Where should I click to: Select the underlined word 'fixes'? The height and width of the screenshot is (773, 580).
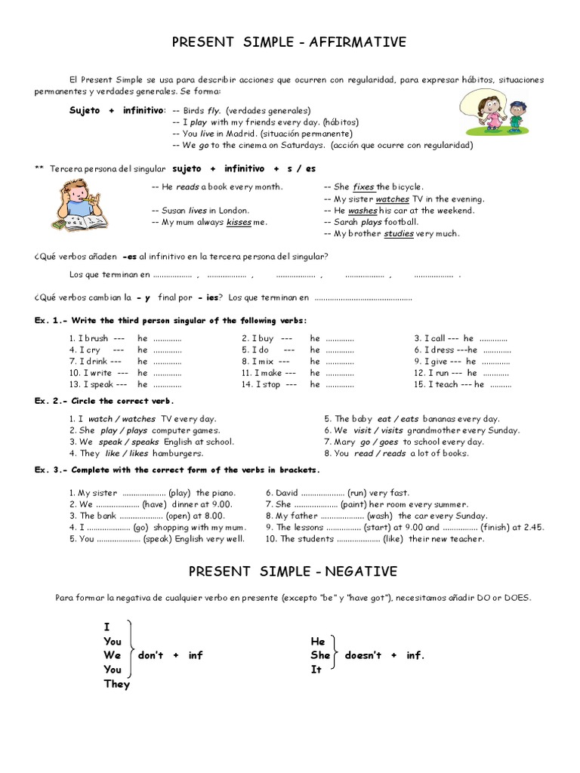pyautogui.click(x=363, y=186)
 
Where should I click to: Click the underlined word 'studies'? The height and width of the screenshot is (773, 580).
pyautogui.click(x=399, y=234)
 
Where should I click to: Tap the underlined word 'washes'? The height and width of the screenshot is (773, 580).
pyautogui.click(x=362, y=211)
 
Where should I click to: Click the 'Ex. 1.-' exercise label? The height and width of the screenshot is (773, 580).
pyautogui.click(x=51, y=321)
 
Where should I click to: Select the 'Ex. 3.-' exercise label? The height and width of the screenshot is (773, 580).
pyautogui.click(x=51, y=470)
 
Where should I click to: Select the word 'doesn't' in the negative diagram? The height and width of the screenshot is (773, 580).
pyautogui.click(x=362, y=655)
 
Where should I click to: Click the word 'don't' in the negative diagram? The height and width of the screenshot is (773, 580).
pyautogui.click(x=150, y=655)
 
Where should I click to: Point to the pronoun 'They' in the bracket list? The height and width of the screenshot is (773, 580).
pyautogui.click(x=117, y=685)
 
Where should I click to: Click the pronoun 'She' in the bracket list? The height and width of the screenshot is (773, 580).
pyautogui.click(x=320, y=655)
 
